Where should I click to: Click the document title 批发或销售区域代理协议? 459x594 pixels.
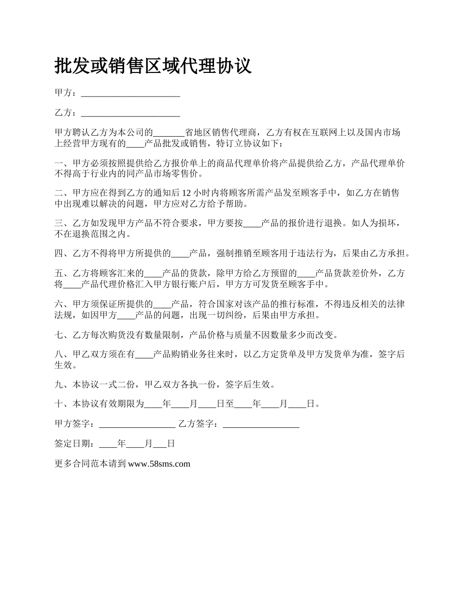[x=153, y=66]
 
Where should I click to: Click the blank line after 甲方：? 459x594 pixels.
[x=130, y=94]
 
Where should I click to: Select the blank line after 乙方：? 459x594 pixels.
[x=130, y=114]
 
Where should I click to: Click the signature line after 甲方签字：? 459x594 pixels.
[x=137, y=425]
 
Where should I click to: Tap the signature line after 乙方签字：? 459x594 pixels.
[x=261, y=425]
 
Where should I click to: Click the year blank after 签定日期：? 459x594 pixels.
[x=108, y=444]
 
